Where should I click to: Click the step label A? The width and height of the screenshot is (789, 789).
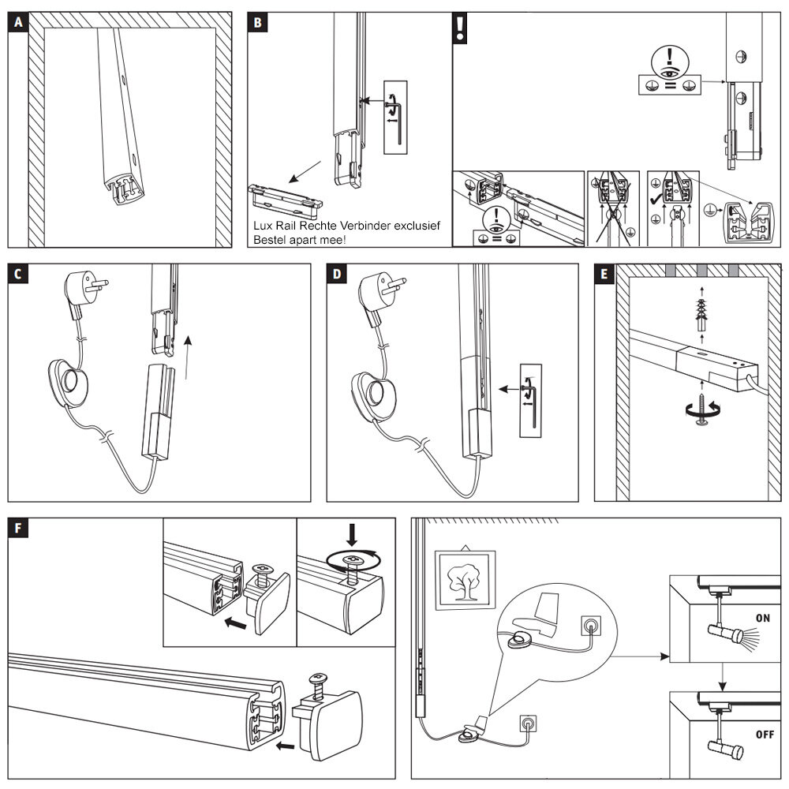coord(19,22)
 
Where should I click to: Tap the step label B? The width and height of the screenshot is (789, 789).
coord(258,22)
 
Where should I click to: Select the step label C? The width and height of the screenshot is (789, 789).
coord(19,274)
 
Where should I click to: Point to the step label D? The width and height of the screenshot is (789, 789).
coord(338,274)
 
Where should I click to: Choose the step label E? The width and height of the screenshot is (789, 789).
coord(604,274)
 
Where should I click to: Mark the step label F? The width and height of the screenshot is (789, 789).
coord(19,528)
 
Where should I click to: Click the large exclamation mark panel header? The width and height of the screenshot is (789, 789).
coord(460,28)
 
